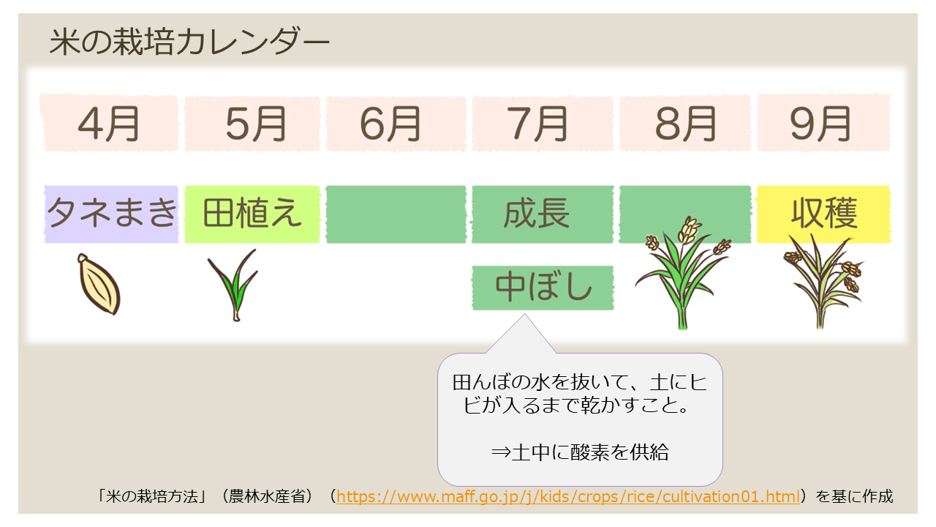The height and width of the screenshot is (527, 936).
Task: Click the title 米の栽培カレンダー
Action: tap(189, 42)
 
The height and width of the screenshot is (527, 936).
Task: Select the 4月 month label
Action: tap(109, 124)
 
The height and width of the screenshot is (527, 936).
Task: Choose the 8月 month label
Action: tap(685, 124)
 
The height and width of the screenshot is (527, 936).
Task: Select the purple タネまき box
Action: tap(111, 214)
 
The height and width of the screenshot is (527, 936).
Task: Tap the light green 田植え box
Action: tap(252, 214)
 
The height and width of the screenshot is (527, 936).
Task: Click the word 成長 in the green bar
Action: tap(537, 214)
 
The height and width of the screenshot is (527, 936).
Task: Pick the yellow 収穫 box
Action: tap(823, 214)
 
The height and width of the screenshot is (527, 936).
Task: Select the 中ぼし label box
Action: tap(543, 288)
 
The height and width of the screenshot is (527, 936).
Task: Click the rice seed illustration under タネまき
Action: tap(99, 284)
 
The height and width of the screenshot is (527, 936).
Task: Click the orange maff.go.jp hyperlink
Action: tap(568, 496)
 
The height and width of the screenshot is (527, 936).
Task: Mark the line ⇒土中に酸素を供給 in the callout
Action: tap(580, 452)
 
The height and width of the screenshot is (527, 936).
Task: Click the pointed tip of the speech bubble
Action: tap(525, 315)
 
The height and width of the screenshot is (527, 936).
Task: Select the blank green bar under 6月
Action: tap(396, 214)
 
